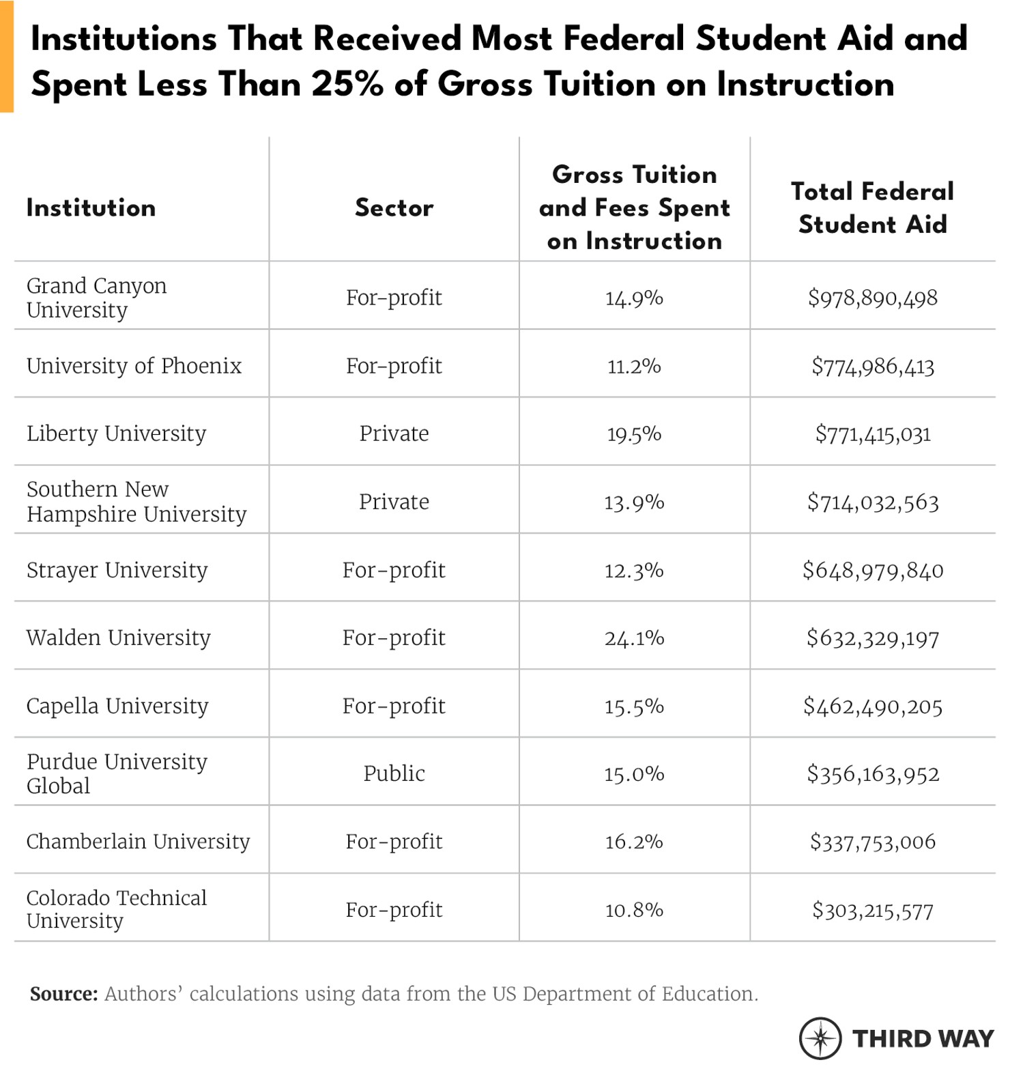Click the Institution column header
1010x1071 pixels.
click(x=91, y=208)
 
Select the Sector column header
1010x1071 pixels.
click(x=394, y=208)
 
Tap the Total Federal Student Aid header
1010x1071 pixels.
click(x=872, y=208)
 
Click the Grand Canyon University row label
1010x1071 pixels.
click(x=96, y=298)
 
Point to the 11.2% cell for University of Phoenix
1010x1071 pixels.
click(x=634, y=367)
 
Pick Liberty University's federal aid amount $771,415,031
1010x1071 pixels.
click(x=873, y=434)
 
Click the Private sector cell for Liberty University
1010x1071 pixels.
click(x=394, y=433)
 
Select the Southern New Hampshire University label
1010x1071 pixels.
click(x=136, y=502)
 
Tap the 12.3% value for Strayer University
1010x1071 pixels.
click(x=634, y=570)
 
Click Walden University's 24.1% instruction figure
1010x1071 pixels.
click(x=634, y=638)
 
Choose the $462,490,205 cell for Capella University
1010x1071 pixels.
click(x=873, y=706)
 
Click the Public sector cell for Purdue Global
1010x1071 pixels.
click(x=394, y=773)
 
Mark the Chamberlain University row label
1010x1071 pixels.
click(x=138, y=842)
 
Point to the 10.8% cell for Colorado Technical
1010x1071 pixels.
click(x=634, y=910)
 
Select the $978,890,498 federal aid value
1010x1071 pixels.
click(x=873, y=298)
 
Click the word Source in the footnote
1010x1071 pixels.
click(x=63, y=994)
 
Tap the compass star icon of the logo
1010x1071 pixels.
click(x=820, y=1038)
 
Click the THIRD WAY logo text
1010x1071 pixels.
click(x=923, y=1039)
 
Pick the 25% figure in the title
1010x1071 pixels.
click(x=347, y=85)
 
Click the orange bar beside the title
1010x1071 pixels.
click(x=7, y=56)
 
